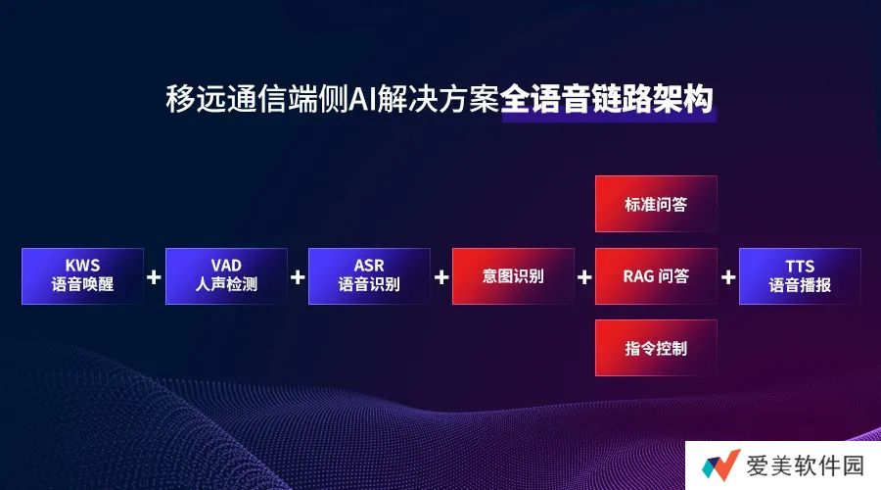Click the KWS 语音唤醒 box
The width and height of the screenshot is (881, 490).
pyautogui.click(x=82, y=276)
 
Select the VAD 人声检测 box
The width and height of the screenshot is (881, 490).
pyautogui.click(x=226, y=276)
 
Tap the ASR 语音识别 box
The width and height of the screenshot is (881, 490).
pyautogui.click(x=369, y=276)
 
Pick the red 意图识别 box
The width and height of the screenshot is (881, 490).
pyautogui.click(x=513, y=276)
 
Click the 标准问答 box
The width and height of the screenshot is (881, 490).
pyautogui.click(x=656, y=204)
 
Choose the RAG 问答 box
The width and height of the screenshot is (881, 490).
pyautogui.click(x=656, y=276)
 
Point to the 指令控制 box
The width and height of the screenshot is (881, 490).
pyautogui.click(x=656, y=348)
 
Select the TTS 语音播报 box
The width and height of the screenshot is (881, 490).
pyautogui.click(x=800, y=276)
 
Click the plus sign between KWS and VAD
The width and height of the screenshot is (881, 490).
pyautogui.click(x=154, y=276)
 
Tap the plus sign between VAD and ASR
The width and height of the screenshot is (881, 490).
pyautogui.click(x=298, y=276)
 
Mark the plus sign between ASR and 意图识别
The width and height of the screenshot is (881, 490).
pyautogui.click(x=441, y=276)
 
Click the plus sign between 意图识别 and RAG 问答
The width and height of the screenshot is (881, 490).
pyautogui.click(x=584, y=276)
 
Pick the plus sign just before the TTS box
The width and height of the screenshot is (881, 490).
pyautogui.click(x=728, y=276)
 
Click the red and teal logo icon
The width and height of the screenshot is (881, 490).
pyautogui.click(x=720, y=465)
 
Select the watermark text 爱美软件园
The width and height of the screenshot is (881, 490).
pyautogui.click(x=806, y=465)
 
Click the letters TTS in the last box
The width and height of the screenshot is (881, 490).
pyautogui.click(x=800, y=267)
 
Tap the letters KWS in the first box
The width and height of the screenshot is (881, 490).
pyautogui.click(x=82, y=266)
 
